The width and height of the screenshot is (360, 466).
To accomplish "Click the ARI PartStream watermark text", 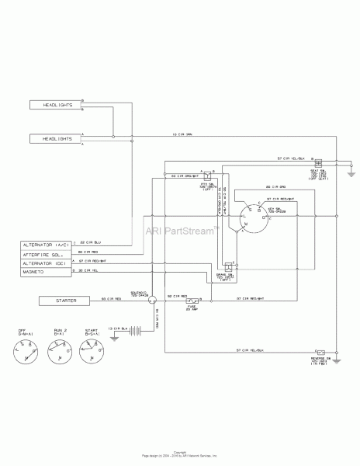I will point(182,230).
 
